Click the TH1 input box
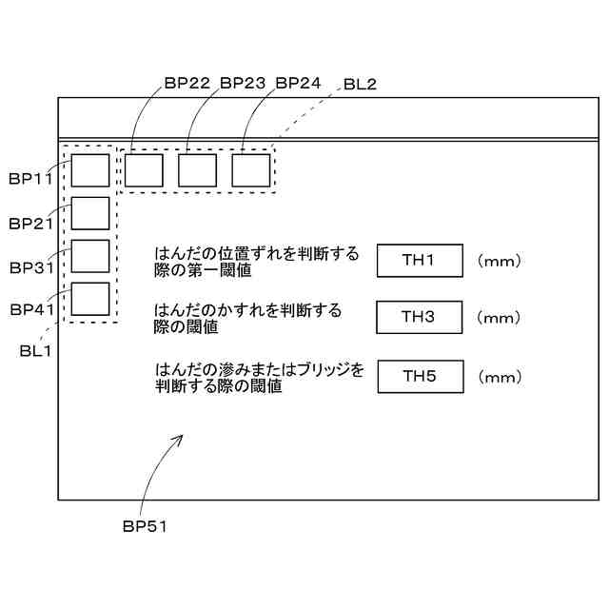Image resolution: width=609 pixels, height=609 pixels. click(x=419, y=261)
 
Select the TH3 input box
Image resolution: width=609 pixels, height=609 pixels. click(x=419, y=317)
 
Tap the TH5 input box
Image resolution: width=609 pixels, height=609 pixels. click(x=419, y=376)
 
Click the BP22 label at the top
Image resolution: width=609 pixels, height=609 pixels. click(x=187, y=83)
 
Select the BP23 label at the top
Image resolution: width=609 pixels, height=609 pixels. click(x=243, y=83)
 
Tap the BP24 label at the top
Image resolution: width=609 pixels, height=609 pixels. click(x=299, y=83)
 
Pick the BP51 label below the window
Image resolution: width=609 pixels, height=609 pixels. click(x=145, y=525)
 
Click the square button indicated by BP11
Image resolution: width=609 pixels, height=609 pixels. click(x=90, y=170)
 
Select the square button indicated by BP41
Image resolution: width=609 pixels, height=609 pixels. click(x=90, y=299)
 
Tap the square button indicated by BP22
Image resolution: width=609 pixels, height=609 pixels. click(x=144, y=170)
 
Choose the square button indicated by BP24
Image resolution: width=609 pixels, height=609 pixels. click(x=251, y=170)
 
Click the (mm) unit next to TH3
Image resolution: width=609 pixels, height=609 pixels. click(x=499, y=318)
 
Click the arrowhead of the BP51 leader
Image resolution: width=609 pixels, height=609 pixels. click(x=181, y=437)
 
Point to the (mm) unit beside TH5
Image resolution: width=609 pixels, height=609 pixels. click(x=499, y=377)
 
